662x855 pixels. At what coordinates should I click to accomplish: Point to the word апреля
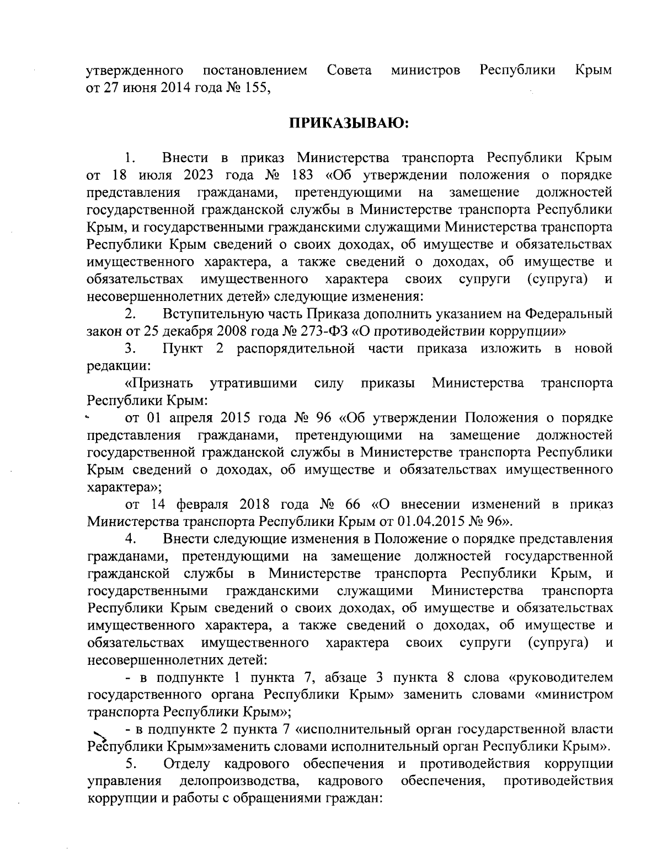188,417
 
